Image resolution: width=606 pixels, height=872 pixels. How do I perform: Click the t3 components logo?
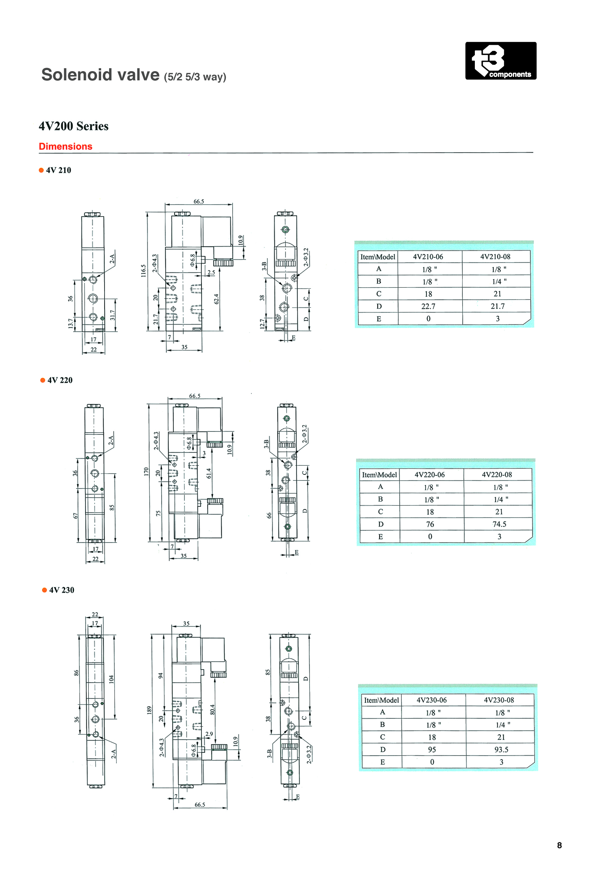[x=501, y=61]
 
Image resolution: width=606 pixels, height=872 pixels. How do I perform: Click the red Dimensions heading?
[x=65, y=146]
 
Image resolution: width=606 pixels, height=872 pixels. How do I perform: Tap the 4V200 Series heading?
[x=73, y=126]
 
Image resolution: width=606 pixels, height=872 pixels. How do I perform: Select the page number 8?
[x=559, y=845]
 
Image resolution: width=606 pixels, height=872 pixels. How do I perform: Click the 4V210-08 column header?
[x=495, y=257]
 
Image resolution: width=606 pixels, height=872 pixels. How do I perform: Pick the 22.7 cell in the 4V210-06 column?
[x=428, y=306]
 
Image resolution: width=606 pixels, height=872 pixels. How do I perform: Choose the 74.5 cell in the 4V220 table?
[x=499, y=524]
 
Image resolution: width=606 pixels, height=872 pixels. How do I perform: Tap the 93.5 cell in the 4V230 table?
[x=501, y=749]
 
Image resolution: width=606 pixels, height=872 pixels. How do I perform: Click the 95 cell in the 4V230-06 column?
[x=432, y=749]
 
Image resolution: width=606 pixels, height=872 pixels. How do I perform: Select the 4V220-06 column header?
[x=430, y=475]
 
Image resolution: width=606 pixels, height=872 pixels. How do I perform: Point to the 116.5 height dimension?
[x=143, y=271]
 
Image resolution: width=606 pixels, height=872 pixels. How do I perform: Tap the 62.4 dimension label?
[x=216, y=299]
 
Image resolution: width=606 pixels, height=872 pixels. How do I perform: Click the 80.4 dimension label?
[x=213, y=709]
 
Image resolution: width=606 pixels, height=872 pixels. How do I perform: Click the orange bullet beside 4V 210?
[x=41, y=170]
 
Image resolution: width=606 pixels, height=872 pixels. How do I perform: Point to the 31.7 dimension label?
[x=113, y=315]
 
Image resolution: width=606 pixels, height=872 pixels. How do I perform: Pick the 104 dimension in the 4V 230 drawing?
[x=111, y=679]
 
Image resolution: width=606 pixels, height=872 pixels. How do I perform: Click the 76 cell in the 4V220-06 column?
[x=430, y=524]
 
